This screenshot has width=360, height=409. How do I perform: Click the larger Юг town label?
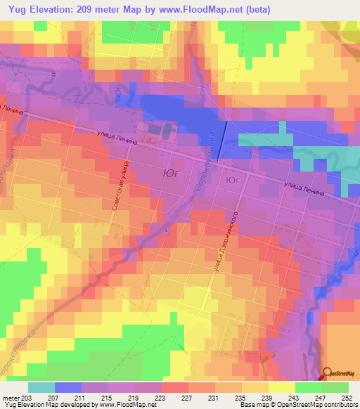tap(174, 171)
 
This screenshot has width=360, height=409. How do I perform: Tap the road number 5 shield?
tap(166, 230)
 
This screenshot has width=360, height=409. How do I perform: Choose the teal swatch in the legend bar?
tap(41, 388)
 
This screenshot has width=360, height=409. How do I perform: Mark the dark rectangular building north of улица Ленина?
tap(167, 130)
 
